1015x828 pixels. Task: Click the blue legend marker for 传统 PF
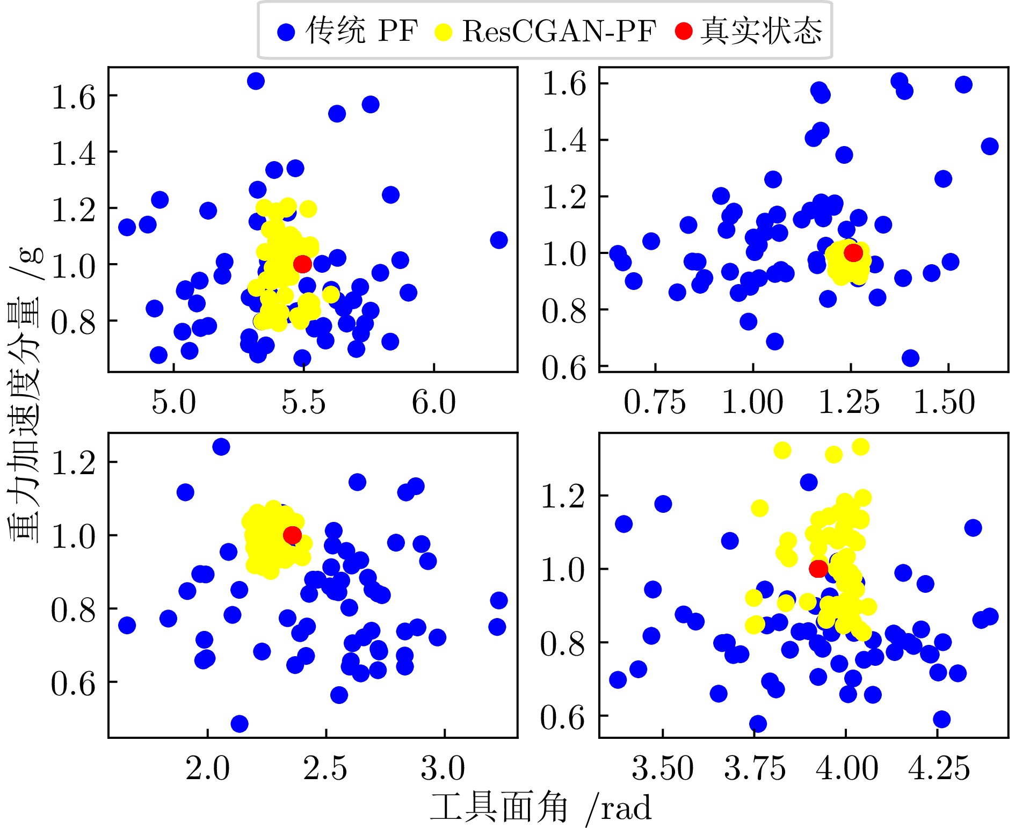point(286,32)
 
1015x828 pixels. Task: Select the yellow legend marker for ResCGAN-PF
point(443,32)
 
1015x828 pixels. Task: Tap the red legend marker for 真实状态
point(684,31)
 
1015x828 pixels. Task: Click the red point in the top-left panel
point(302,264)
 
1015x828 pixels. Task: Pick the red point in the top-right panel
point(853,252)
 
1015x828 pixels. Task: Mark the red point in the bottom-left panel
point(292,535)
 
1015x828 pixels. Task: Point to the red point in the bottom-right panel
point(818,568)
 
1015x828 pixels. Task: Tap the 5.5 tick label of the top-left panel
point(303,403)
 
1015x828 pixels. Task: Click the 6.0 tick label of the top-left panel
point(434,403)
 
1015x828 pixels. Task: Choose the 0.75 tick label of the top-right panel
point(655,403)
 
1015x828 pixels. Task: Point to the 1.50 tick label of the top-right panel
point(944,403)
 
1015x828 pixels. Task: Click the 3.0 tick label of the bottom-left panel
point(443,768)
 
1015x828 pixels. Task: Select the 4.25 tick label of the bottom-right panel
point(939,768)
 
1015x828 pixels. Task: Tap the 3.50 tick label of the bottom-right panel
point(663,768)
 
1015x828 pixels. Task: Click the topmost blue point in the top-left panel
point(256,81)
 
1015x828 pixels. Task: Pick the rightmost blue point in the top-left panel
point(499,240)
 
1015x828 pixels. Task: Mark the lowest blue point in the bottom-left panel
point(240,724)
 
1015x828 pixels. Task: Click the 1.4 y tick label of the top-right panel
point(564,141)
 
